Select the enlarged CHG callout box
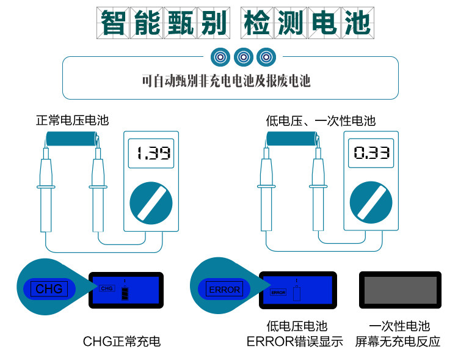click(49, 288)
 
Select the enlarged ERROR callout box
click(225, 289)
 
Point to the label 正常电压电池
click(72, 120)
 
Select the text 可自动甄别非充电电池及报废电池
click(226, 80)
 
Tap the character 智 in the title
click(115, 23)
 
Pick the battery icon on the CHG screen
click(125, 294)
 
